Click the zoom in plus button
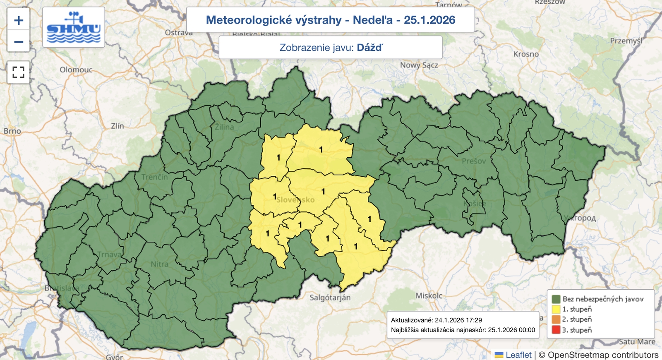pos(19,20)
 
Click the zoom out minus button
pos(19,42)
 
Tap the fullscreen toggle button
pos(18,72)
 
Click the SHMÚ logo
pos(74,27)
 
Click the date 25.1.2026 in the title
pos(429,20)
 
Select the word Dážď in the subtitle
pos(369,48)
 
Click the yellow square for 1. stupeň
pos(556,309)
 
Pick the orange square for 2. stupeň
pos(556,319)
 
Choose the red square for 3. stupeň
pos(556,330)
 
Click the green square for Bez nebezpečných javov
pos(556,299)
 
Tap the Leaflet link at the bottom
pos(518,355)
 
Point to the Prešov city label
pos(474,161)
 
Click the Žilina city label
pos(224,127)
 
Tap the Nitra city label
pos(159,264)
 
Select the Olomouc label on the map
pos(76,70)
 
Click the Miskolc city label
pos(429,295)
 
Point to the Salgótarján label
pos(330,298)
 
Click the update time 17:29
pos(474,320)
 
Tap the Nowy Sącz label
pos(419,65)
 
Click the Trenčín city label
pos(154,177)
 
